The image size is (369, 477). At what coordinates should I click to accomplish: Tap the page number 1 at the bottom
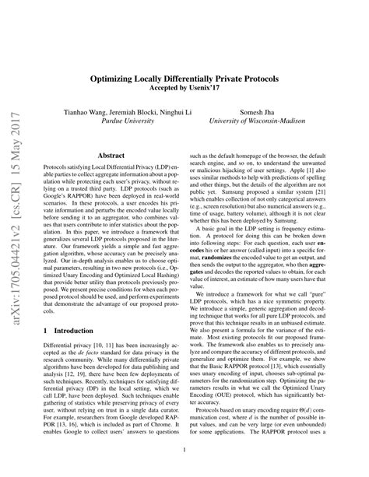pyautogui.click(x=184, y=450)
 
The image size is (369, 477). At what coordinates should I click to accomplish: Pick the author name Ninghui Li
pyautogui.click(x=169, y=112)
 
